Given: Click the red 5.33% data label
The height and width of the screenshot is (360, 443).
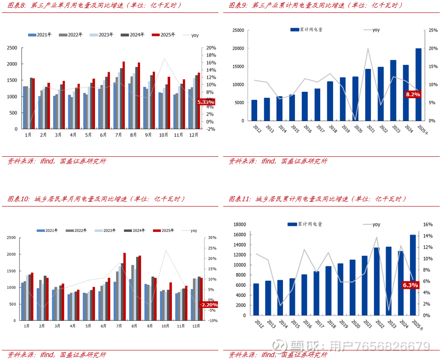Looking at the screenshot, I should click(x=206, y=102).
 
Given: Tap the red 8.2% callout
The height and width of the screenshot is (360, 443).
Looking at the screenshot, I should click(x=413, y=95).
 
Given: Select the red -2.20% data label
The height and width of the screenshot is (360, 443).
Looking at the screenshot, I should click(x=208, y=305).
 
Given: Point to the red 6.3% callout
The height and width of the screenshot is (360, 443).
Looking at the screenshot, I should click(x=411, y=285).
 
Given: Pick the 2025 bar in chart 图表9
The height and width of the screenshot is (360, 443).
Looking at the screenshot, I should click(x=419, y=84).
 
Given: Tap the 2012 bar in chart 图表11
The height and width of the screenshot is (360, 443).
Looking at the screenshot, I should click(x=256, y=299).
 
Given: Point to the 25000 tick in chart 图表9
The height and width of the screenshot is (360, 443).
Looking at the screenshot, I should click(x=238, y=31).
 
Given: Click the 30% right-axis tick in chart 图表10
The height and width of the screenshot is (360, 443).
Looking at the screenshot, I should click(x=213, y=238).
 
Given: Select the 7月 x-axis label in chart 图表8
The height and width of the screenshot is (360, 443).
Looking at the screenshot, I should click(x=118, y=135).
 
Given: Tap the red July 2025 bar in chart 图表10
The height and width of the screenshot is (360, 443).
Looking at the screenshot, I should click(x=124, y=277).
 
